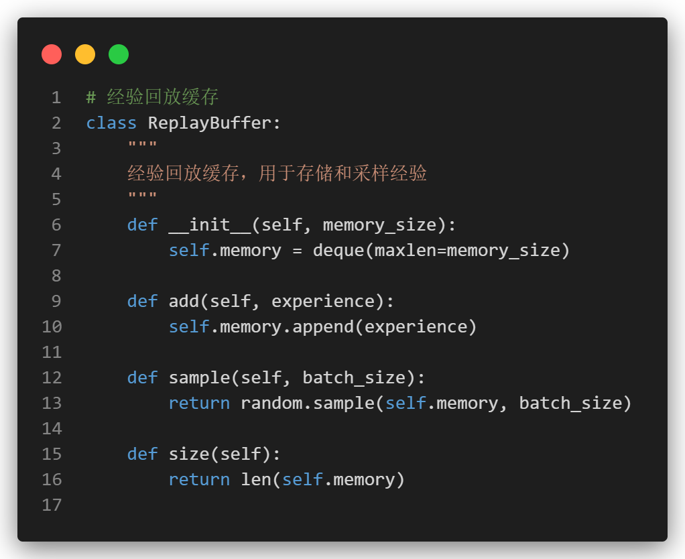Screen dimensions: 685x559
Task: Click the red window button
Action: pyautogui.click(x=52, y=54)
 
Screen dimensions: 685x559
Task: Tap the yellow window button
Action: pyautogui.click(x=85, y=54)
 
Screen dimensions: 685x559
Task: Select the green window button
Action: pyautogui.click(x=119, y=54)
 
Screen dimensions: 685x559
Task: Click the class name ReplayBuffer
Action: pyautogui.click(x=209, y=123)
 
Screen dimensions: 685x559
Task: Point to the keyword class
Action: pyautogui.click(x=111, y=123)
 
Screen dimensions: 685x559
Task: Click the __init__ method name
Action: pyautogui.click(x=210, y=225)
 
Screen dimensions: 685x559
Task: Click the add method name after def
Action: pyautogui.click(x=184, y=302)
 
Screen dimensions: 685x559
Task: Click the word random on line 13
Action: pyautogui.click(x=271, y=403)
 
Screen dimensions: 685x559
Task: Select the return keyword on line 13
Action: pyautogui.click(x=199, y=403)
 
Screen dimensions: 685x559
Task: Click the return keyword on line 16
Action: pyautogui.click(x=199, y=480)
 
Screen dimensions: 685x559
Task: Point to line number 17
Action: pyautogui.click(x=52, y=505)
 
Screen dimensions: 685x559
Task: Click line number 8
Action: pyautogui.click(x=56, y=276)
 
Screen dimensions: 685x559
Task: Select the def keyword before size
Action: pyautogui.click(x=143, y=454)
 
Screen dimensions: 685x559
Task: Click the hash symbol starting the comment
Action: pyautogui.click(x=91, y=98)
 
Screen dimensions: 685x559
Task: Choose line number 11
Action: pyautogui.click(x=52, y=353)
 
